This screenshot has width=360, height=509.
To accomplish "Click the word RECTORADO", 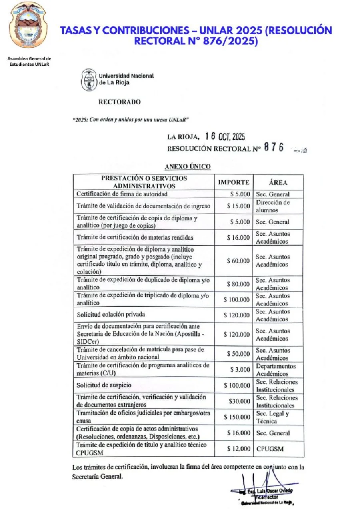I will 119,102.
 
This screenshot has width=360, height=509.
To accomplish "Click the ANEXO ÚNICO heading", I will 188,166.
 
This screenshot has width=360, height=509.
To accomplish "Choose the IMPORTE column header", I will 233,182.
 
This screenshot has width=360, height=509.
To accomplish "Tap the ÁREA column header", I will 278,182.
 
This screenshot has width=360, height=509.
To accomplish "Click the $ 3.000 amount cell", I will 240,370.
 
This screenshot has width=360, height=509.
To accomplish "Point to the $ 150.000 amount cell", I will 236,417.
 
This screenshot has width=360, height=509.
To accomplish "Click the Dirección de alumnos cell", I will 273,206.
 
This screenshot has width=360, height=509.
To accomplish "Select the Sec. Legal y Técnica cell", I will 272,417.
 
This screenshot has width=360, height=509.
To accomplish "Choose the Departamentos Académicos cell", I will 276,370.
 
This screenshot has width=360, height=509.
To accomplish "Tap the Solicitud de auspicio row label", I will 104,385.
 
